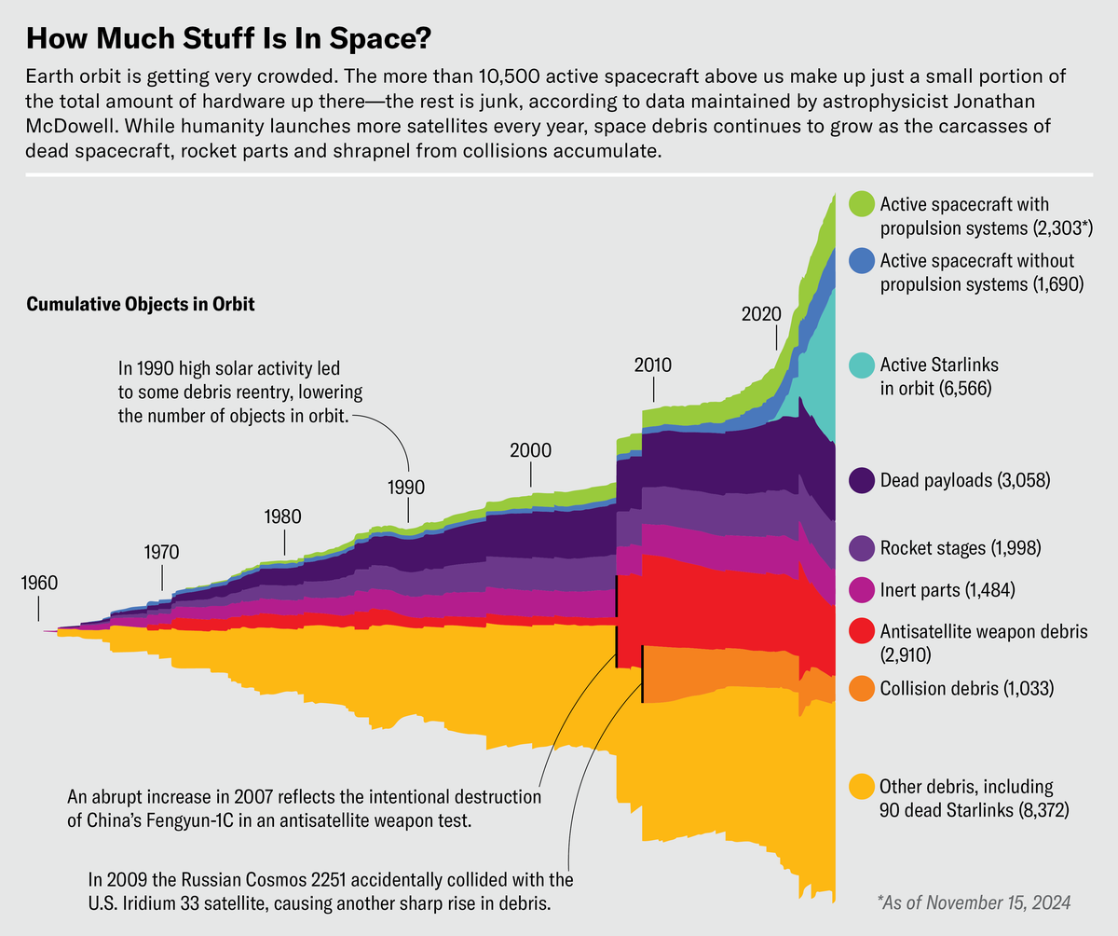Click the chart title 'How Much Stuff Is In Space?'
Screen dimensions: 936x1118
(228, 40)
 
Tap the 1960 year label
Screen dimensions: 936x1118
(38, 584)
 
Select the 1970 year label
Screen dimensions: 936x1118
(161, 551)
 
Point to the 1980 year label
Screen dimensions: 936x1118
(283, 516)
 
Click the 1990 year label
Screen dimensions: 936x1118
(406, 487)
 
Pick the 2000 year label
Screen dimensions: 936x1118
(530, 450)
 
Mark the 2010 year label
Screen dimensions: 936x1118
(653, 365)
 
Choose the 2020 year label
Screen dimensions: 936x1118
(760, 314)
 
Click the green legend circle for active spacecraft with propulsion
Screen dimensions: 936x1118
(862, 203)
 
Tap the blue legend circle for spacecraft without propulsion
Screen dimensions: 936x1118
(862, 261)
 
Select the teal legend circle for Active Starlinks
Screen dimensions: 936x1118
(862, 365)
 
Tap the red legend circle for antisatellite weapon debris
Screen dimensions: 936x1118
(862, 631)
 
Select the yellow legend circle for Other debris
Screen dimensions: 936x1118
(862, 787)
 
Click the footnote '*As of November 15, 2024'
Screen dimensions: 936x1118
(974, 902)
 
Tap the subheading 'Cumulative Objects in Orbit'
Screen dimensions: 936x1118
(141, 305)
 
